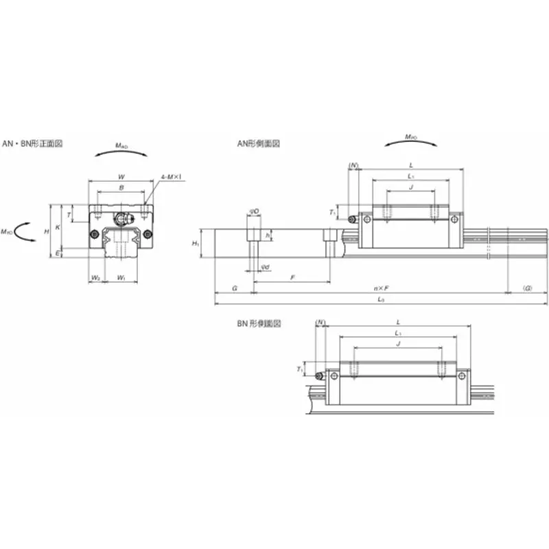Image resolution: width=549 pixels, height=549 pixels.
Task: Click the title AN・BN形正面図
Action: pos(33,144)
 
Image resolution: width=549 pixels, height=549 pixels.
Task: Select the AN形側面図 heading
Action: pos(259,144)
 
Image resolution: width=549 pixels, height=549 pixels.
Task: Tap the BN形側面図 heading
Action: pos(259,323)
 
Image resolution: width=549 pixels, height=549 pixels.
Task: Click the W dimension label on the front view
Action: pos(121,175)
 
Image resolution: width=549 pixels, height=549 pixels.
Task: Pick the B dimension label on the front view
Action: pos(121,187)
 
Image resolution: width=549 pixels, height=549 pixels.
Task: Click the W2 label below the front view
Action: pos(96,278)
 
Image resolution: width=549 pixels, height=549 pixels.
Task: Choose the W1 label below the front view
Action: pos(121,278)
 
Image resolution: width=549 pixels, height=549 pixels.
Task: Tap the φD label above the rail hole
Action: pos(254,211)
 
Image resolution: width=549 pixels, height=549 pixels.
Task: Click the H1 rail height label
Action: pos(196,244)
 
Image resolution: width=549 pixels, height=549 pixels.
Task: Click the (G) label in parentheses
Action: pos(527,288)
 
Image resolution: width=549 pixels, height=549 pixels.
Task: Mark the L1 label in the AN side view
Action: pos(410,176)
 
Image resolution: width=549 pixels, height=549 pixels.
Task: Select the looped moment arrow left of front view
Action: pos(26,232)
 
